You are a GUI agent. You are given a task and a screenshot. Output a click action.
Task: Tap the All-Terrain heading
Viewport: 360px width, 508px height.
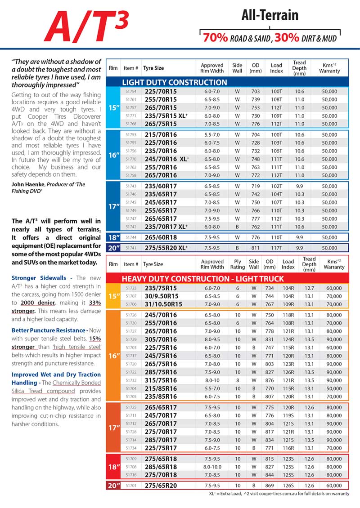[270, 15]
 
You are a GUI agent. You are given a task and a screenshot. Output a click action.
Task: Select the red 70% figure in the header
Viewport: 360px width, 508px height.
[215, 37]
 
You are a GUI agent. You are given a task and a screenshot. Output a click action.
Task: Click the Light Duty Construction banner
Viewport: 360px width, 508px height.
[175, 82]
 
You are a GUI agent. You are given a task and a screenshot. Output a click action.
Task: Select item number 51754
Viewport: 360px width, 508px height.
[131, 91]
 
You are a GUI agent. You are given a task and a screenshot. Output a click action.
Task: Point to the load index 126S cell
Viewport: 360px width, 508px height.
[288, 486]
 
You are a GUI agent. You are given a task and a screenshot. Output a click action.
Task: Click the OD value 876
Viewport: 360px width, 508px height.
[270, 380]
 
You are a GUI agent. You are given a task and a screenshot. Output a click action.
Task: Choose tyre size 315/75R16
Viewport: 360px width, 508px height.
[160, 380]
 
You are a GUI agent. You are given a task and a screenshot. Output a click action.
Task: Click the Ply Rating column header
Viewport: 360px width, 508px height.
[238, 264]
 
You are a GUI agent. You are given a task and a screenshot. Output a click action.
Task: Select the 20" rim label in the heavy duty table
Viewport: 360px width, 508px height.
[112, 486]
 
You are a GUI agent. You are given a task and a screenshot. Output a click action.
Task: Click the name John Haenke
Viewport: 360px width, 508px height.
[29, 184]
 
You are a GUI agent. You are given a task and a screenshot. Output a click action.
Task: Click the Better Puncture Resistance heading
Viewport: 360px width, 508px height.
[48, 330]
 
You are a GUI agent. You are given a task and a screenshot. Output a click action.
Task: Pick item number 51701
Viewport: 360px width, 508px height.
[131, 486]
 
